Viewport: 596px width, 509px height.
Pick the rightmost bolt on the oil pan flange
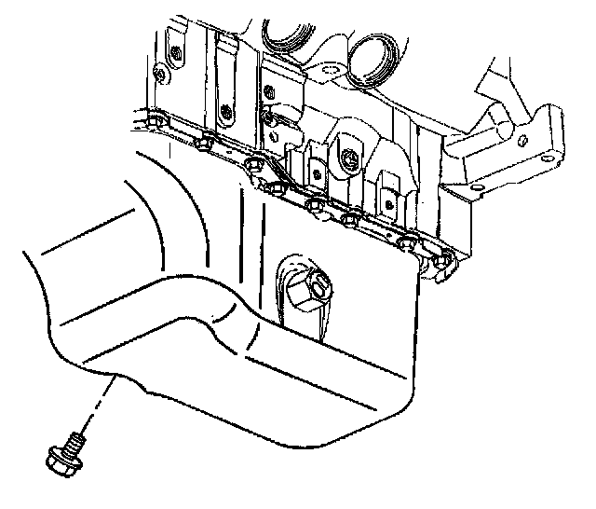443,260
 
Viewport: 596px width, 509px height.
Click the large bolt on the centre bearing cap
346,160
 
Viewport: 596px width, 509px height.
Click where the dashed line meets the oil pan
114,378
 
